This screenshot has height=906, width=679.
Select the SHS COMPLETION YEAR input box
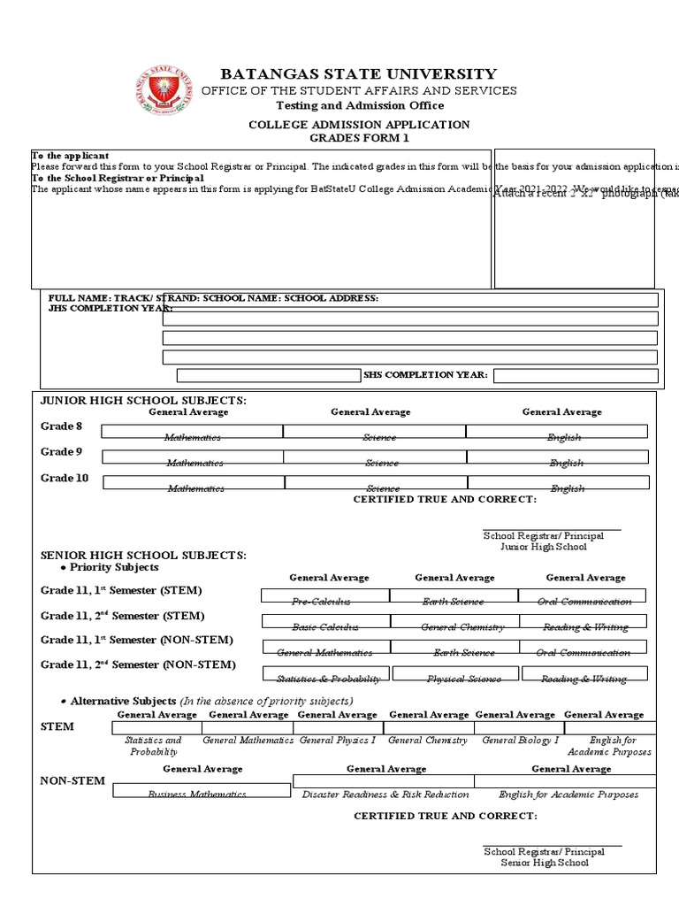(576, 375)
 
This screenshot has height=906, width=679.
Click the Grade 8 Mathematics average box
(192, 431)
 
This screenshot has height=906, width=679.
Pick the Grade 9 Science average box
(374, 457)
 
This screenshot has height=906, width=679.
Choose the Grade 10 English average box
(557, 482)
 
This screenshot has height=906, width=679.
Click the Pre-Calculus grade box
(324, 595)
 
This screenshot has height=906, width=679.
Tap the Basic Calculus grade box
(324, 621)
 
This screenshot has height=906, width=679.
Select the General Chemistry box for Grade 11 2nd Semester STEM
(454, 621)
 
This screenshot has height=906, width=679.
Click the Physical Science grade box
(454, 673)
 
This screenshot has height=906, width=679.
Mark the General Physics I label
(338, 741)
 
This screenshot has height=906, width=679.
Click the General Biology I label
(521, 741)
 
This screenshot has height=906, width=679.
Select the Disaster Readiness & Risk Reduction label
(385, 795)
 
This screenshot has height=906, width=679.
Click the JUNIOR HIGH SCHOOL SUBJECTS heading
(143, 401)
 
